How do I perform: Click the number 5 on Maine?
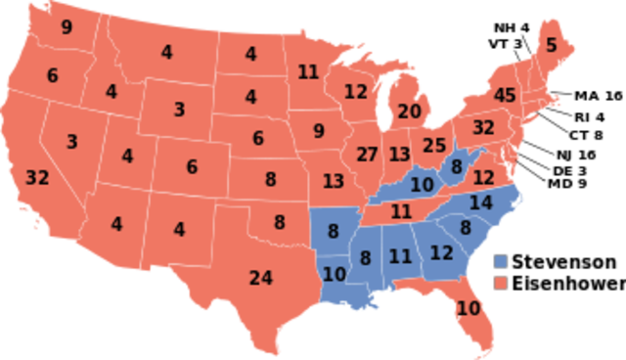[x=551, y=44]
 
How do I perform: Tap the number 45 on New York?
[x=505, y=96]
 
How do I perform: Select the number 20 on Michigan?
[x=409, y=112]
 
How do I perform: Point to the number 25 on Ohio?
[x=433, y=146]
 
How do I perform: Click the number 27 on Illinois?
[x=367, y=155]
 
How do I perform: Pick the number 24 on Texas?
[x=260, y=278]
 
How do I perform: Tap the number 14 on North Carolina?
[x=480, y=203]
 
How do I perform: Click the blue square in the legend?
[x=501, y=262]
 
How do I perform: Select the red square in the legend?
[x=501, y=283]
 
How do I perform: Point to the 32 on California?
[x=37, y=178]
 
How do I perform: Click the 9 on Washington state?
[x=67, y=27]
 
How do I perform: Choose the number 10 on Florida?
[x=469, y=309]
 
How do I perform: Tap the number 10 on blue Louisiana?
[x=335, y=274]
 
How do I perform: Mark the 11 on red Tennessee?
[x=401, y=211]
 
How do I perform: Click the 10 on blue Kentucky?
[x=422, y=184]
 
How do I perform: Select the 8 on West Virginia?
[x=456, y=167]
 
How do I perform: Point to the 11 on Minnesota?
[x=308, y=71]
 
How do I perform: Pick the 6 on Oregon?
[x=52, y=75]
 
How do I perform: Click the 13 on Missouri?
[x=333, y=181]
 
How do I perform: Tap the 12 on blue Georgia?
[x=441, y=252]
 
